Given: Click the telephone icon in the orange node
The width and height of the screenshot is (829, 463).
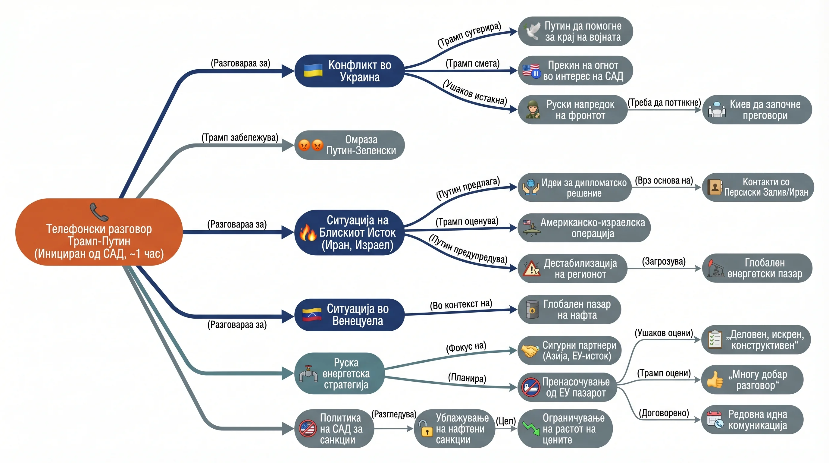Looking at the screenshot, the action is click(99, 212).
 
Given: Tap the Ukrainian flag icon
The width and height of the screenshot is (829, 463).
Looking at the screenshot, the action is click(313, 70).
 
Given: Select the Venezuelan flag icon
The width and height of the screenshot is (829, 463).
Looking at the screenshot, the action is click(312, 314).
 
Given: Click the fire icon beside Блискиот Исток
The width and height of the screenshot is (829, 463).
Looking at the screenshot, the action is click(308, 232).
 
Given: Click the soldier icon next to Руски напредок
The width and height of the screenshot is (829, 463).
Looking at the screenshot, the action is click(533, 109).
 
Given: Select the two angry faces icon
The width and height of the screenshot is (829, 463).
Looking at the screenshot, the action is click(311, 145).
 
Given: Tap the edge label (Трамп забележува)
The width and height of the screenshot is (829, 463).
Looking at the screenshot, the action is click(240, 137).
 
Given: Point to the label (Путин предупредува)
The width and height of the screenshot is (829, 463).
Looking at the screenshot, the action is click(468, 249).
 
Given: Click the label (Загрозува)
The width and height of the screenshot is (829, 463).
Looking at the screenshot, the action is click(664, 261).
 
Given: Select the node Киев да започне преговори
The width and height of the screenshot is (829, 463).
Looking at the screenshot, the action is click(757, 109).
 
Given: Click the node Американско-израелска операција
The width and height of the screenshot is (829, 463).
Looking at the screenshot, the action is click(584, 228).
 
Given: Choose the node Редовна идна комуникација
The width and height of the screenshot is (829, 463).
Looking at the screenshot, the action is click(752, 419).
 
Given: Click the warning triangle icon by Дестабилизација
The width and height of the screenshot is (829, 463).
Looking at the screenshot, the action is click(531, 268).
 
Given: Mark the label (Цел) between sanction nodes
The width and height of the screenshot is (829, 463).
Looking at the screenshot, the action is click(506, 421).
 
